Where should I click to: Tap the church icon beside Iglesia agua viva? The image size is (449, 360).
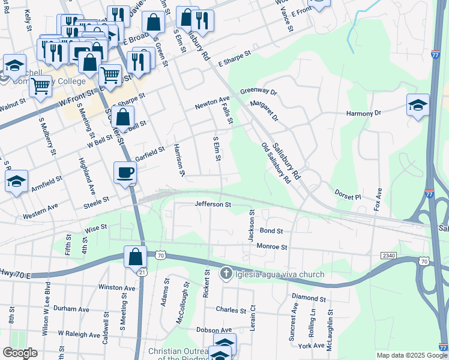pyautogui.click(x=226, y=274)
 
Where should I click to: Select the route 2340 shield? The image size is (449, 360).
pyautogui.click(x=388, y=256)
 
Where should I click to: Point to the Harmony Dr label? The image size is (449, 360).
pyautogui.click(x=364, y=113)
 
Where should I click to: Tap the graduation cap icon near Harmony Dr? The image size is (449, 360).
pyautogui.click(x=418, y=106)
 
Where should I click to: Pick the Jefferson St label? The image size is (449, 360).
pyautogui.click(x=212, y=205)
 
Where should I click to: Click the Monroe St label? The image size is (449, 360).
pyautogui.click(x=272, y=247)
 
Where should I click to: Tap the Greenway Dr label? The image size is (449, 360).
pyautogui.click(x=258, y=92)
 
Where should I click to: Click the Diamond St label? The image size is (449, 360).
pyautogui.click(x=309, y=298)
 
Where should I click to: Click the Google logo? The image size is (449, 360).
pyautogui.click(x=20, y=353)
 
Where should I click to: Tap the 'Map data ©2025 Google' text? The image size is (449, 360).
pyautogui.click(x=412, y=355)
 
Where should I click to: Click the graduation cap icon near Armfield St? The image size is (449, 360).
pyautogui.click(x=16, y=181)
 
